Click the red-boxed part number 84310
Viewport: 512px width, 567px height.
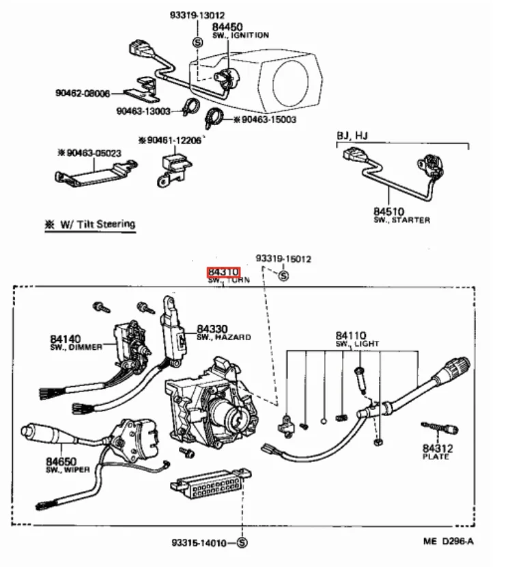(223, 272)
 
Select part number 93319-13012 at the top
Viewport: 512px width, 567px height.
(197, 15)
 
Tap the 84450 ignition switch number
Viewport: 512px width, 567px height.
(227, 27)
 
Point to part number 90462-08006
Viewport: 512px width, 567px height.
(83, 94)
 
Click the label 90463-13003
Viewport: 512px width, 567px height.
(143, 111)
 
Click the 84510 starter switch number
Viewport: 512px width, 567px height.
(389, 212)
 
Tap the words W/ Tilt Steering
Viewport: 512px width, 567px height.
(98, 224)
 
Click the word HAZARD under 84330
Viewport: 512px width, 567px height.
(233, 337)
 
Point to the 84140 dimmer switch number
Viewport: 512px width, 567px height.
(66, 340)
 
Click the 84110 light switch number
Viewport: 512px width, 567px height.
(351, 335)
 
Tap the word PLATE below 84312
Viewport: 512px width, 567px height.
(436, 457)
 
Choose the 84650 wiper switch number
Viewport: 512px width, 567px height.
(61, 462)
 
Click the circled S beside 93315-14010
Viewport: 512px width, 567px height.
(242, 542)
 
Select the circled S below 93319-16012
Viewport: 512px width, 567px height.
(283, 276)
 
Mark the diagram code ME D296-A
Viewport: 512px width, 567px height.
(449, 541)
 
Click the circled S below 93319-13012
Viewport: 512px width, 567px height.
(197, 42)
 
